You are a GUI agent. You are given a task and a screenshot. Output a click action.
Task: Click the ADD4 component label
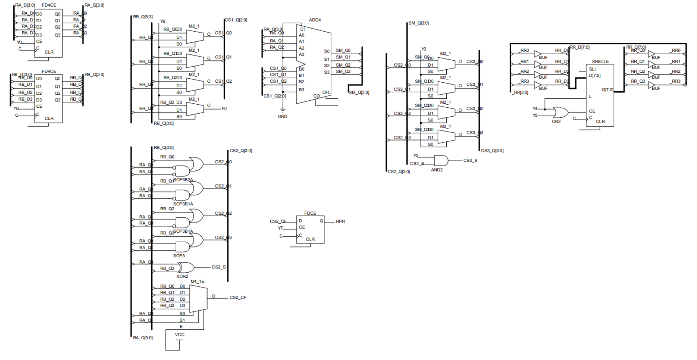[315, 20]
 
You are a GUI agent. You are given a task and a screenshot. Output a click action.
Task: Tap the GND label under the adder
[282, 117]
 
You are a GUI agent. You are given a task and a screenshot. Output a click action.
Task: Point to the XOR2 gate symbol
[187, 268]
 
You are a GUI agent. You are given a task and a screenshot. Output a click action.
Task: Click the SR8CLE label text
[600, 62]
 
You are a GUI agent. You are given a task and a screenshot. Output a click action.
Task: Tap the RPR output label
[340, 221]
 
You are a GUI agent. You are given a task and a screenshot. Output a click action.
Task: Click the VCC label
[179, 335]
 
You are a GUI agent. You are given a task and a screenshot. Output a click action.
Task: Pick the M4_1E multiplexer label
[197, 281]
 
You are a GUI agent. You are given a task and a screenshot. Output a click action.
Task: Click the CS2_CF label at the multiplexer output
[238, 298]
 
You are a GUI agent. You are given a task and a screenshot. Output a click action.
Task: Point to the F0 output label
[224, 109]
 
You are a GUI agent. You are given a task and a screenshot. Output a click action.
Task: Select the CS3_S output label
[470, 161]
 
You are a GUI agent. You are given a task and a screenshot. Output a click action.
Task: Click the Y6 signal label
[163, 21]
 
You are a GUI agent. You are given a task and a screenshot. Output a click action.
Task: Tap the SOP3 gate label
[179, 256]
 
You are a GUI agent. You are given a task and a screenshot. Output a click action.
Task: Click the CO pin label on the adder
[317, 96]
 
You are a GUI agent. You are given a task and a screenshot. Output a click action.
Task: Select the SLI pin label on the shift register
[592, 69]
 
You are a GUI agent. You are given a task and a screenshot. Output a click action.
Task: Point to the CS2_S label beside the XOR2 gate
[219, 267]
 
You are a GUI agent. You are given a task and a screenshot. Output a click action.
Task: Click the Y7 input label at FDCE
[280, 228]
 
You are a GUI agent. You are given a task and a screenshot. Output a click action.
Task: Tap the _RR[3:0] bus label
[521, 93]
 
